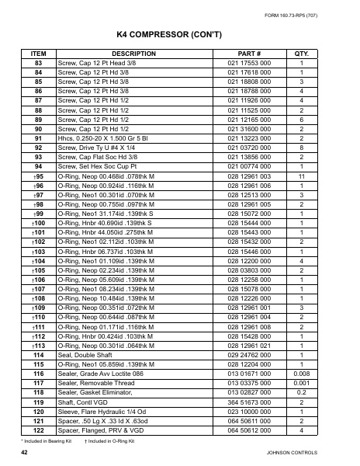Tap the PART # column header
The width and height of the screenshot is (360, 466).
coord(248,54)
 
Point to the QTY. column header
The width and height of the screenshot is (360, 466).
coord(302,54)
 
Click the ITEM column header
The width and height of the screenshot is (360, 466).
coord(38,54)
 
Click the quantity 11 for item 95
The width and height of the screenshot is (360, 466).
coord(302,177)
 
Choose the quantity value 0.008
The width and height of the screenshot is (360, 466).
coord(302,374)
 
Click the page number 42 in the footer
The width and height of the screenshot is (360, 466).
coord(25,452)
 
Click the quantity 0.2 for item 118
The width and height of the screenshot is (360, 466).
coord(302,393)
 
